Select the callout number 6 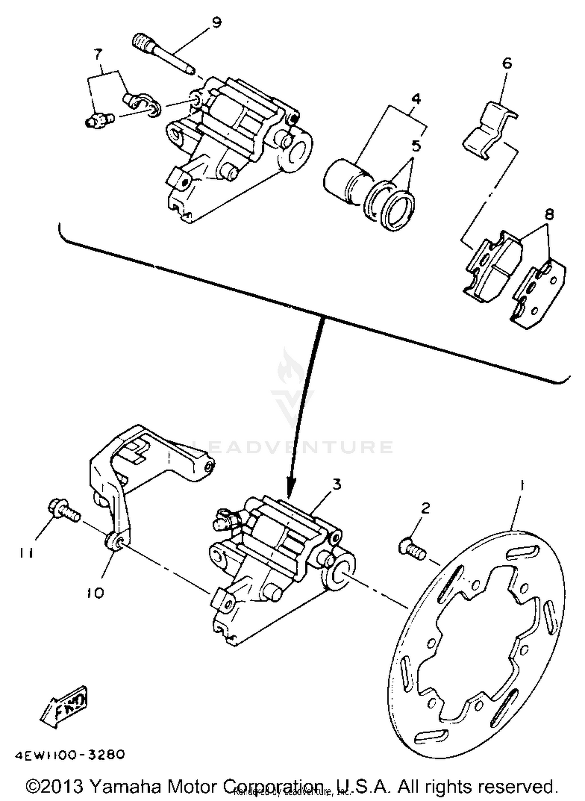pos(507,63)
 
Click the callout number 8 pos(550,214)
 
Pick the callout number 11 pos(25,553)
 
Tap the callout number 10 pos(95,593)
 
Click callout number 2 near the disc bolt pos(425,508)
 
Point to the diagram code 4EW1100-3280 pos(70,755)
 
